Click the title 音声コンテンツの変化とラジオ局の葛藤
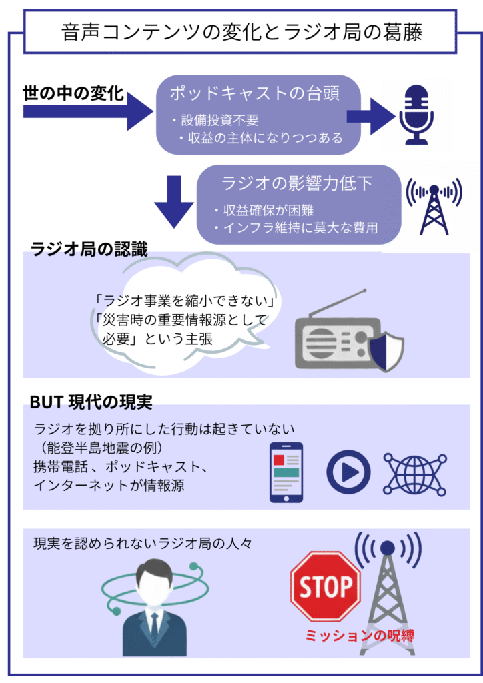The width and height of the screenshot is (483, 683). (x=241, y=31)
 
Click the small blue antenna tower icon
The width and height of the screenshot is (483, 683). (x=434, y=206)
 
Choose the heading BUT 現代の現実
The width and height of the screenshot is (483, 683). (x=91, y=402)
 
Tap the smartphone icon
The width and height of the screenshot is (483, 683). (x=286, y=472)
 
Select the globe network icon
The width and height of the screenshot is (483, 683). (x=414, y=472)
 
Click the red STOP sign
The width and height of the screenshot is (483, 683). (x=325, y=586)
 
